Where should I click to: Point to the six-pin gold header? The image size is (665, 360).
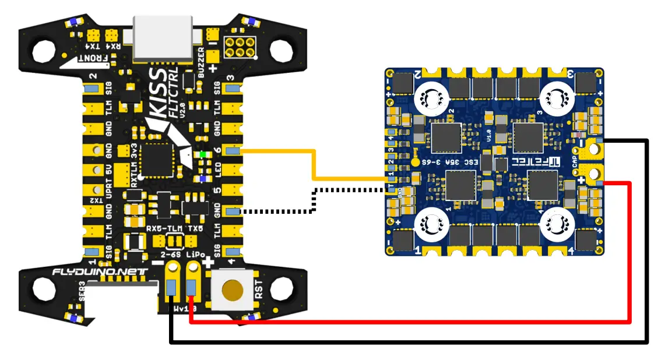(240, 47)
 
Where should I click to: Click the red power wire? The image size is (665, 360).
(408, 320)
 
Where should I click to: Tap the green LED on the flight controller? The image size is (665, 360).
(202, 154)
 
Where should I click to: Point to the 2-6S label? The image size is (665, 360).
(171, 255)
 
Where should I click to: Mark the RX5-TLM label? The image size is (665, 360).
(161, 228)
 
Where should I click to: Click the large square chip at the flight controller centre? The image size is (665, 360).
(156, 158)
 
